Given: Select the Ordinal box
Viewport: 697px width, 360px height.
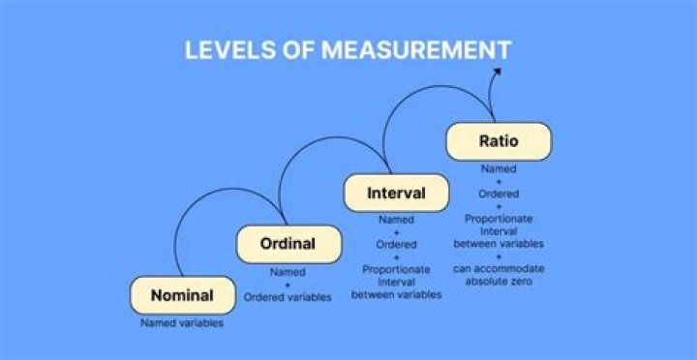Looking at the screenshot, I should pyautogui.click(x=288, y=244).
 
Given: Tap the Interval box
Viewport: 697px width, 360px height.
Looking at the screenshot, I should pyautogui.click(x=396, y=193).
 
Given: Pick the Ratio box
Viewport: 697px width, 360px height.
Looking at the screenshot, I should pyautogui.click(x=499, y=141).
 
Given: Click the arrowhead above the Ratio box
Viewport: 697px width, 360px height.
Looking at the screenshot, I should pyautogui.click(x=498, y=71).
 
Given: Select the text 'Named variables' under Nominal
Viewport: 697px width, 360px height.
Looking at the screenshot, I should pyautogui.click(x=182, y=323).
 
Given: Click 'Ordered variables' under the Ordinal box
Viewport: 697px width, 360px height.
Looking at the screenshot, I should pyautogui.click(x=288, y=297).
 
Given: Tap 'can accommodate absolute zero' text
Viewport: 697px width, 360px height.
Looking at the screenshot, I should pyautogui.click(x=499, y=274).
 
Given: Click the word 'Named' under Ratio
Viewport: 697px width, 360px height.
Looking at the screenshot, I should pyautogui.click(x=499, y=168).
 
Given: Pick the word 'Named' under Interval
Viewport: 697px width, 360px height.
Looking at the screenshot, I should pyautogui.click(x=396, y=220).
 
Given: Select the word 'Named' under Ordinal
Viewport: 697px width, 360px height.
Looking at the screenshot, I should pyautogui.click(x=288, y=272).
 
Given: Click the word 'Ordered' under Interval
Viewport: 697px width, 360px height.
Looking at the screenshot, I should pyautogui.click(x=396, y=245).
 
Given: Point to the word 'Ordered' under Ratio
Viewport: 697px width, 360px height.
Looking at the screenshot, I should pyautogui.click(x=499, y=194).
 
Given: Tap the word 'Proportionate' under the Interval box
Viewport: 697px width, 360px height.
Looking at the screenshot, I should pyautogui.click(x=396, y=270).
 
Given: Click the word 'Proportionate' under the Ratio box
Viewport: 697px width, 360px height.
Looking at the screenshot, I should pyautogui.click(x=499, y=219).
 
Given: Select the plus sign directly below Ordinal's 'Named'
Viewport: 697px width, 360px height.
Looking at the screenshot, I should pyautogui.click(x=288, y=285).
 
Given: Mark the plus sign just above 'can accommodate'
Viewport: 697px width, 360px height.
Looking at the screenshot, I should pyautogui.click(x=499, y=255).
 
